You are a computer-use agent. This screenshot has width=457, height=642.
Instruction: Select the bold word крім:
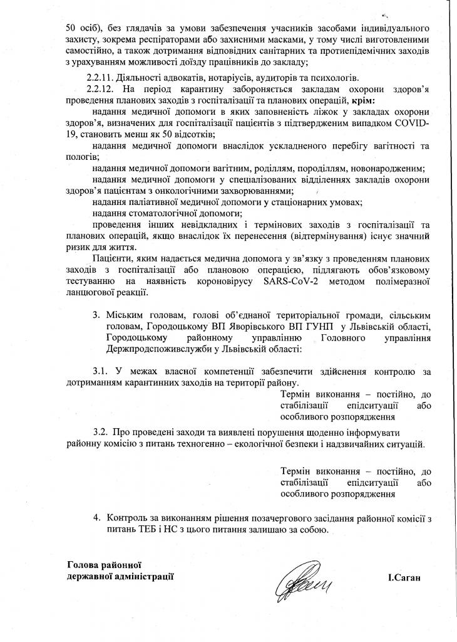coord(364,100)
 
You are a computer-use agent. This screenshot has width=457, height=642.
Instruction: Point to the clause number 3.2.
coord(101,433)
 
